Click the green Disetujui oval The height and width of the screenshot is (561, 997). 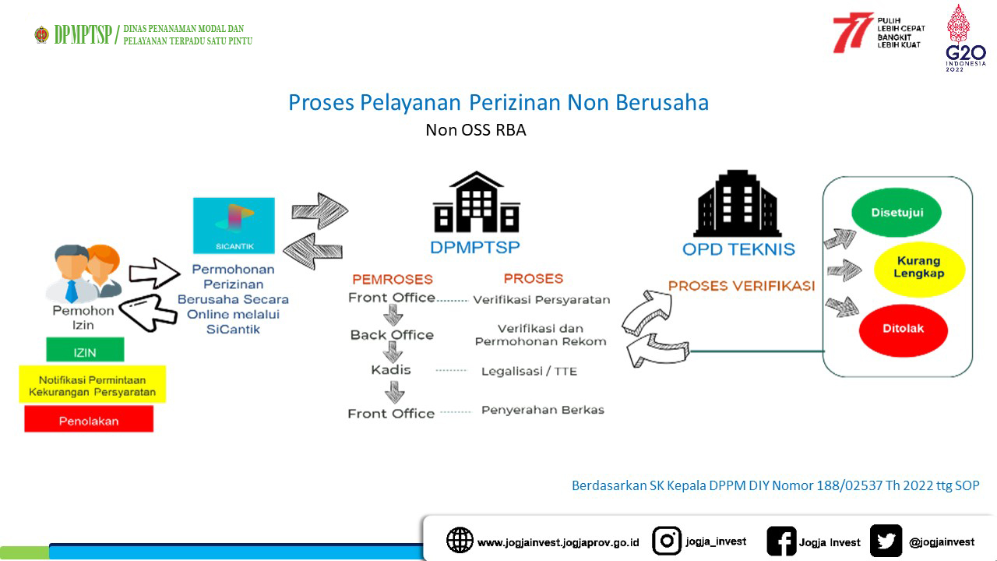tap(896, 213)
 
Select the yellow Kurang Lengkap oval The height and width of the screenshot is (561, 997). tap(919, 269)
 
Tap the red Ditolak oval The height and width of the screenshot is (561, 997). tap(903, 330)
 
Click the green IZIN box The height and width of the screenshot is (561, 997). tap(85, 350)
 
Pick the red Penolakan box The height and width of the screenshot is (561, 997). tap(89, 419)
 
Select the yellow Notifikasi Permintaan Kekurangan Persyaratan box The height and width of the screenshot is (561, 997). tap(92, 384)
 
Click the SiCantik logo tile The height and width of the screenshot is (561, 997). tap(234, 226)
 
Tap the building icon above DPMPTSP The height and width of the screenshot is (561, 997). tap(476, 202)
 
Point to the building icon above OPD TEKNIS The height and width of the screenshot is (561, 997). tap(737, 203)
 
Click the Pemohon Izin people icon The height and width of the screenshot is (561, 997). tap(83, 273)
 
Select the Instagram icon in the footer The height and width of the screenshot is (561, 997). tap(666, 541)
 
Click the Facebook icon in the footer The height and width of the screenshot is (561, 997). tap(781, 541)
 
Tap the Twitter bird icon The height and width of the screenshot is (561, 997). tap(886, 541)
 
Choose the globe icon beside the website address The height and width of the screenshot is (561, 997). tap(460, 540)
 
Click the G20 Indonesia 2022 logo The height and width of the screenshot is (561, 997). tap(965, 38)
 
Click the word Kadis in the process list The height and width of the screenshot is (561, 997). tap(391, 369)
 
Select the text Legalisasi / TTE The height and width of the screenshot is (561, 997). tap(529, 372)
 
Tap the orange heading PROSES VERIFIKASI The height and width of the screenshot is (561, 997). tap(742, 286)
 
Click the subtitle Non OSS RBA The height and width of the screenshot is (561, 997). tap(476, 130)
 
